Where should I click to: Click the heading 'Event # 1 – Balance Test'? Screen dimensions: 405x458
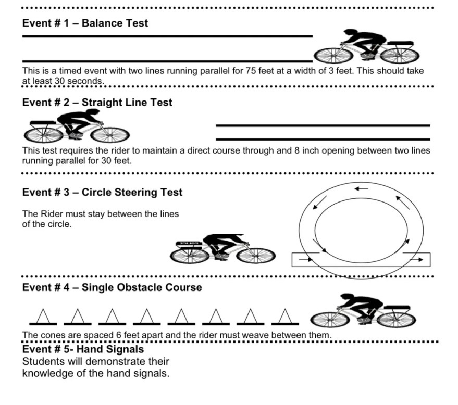point(85,23)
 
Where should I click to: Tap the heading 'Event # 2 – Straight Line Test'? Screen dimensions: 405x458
point(97,103)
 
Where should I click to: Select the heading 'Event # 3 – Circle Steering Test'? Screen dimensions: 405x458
point(102,193)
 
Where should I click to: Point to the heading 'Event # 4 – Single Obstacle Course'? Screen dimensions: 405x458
point(112,287)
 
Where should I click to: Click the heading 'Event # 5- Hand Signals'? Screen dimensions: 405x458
point(83,349)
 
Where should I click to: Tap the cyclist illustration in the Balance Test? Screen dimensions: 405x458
point(367,47)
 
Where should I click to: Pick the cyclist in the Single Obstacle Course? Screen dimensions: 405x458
point(363,311)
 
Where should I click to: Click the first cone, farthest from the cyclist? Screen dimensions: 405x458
point(43,316)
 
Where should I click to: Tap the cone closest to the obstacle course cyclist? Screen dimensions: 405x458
point(284,316)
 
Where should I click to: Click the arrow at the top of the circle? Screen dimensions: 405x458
point(361,188)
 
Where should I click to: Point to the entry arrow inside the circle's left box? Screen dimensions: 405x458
point(303,259)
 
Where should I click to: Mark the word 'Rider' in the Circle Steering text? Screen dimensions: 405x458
point(51,214)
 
